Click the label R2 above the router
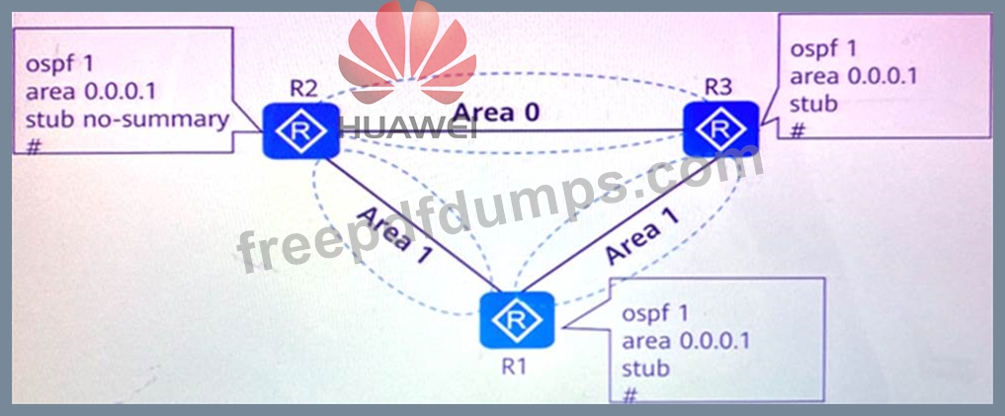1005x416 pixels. coord(303,86)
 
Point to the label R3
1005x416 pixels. coord(718,87)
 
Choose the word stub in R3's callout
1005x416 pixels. coord(815,104)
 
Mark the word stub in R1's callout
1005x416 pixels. coord(646,369)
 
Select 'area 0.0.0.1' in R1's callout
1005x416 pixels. coord(685,341)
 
